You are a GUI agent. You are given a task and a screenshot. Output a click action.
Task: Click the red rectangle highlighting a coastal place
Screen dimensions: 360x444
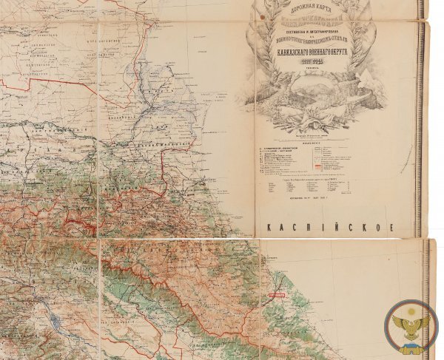tap(276, 293)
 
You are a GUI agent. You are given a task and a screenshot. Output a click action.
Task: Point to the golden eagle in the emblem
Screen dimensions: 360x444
tap(411, 325)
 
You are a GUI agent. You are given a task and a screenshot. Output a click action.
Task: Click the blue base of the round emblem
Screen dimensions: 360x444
tap(411, 342)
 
